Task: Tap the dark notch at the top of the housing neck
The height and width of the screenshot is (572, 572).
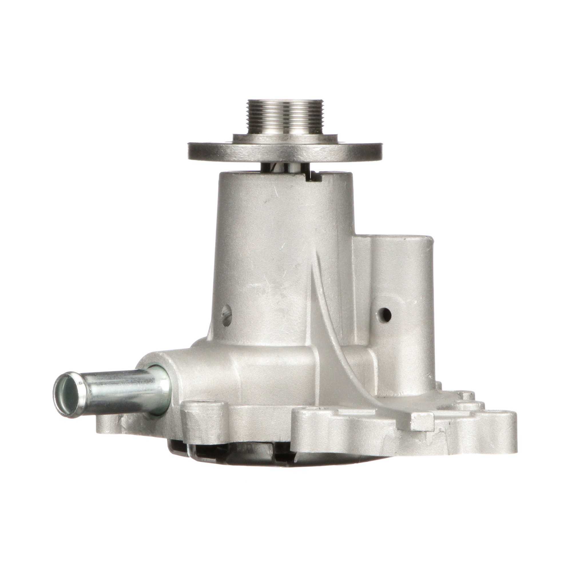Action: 313,177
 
